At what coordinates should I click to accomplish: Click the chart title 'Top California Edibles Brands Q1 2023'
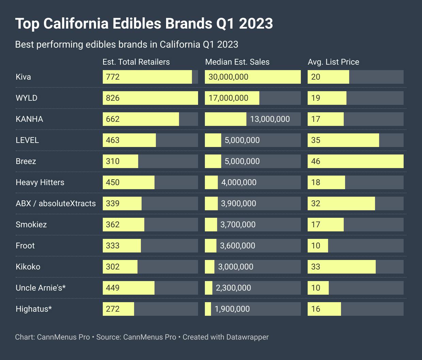[x=144, y=24]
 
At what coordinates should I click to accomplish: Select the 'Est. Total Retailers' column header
[x=136, y=62]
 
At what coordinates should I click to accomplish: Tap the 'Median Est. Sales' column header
[x=237, y=62]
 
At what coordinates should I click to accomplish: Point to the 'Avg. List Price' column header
[x=333, y=62]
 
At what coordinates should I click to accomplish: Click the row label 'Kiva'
[x=23, y=77]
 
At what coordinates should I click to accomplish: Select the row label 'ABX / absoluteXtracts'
[x=55, y=203]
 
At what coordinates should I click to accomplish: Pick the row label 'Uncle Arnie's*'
[x=40, y=288]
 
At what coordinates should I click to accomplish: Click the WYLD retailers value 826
[x=113, y=98]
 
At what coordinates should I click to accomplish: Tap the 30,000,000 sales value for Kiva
[x=228, y=77]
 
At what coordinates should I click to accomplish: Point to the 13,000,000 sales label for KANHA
[x=270, y=119]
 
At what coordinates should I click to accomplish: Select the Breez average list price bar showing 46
[x=355, y=161]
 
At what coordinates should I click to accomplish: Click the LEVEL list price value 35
[x=315, y=140]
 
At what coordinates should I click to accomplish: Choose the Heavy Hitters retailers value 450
[x=113, y=182]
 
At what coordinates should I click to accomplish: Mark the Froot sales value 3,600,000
[x=238, y=246]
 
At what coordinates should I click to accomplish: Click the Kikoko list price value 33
[x=315, y=267]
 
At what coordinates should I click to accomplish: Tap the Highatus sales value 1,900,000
[x=232, y=309]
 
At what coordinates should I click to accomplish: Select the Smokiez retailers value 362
[x=113, y=225]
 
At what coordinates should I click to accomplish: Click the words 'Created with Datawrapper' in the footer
[x=226, y=337]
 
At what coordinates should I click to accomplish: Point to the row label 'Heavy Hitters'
[x=40, y=182]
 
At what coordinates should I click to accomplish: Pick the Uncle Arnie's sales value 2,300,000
[x=233, y=288]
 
